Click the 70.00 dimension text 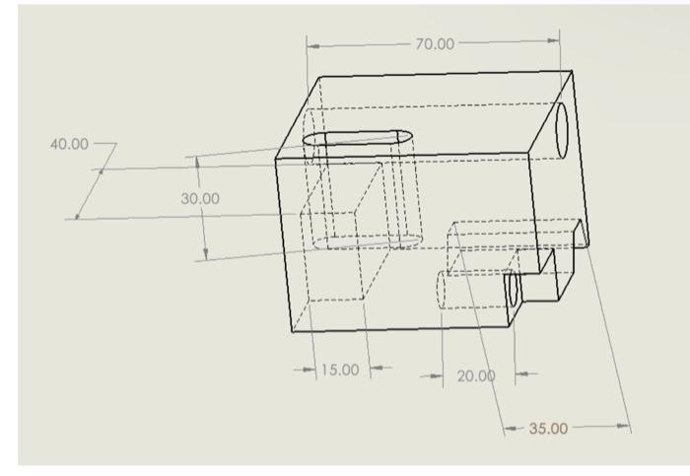tap(434, 44)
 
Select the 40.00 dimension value tap(69, 144)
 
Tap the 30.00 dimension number tap(200, 198)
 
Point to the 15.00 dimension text tap(339, 371)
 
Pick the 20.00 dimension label tap(475, 375)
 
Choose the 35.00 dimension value tap(549, 428)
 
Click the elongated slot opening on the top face tap(357, 138)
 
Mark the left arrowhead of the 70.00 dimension tap(312, 45)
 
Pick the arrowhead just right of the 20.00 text tap(520, 374)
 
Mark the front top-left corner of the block tap(276, 157)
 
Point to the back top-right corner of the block tap(572, 71)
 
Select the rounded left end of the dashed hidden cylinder tap(443, 292)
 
